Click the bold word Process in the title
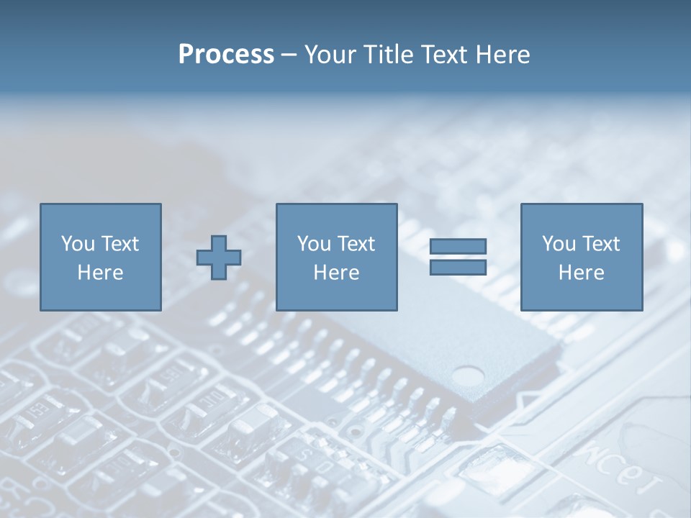pos(226,55)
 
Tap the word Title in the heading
pos(389,55)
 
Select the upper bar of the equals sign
pos(458,246)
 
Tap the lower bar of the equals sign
pos(458,267)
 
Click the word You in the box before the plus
pos(78,244)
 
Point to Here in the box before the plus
pos(100,273)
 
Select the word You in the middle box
pos(314,244)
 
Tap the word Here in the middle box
pos(336,273)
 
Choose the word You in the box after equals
pos(559,244)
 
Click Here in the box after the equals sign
pos(581,273)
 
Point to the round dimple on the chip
pos(469,376)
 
